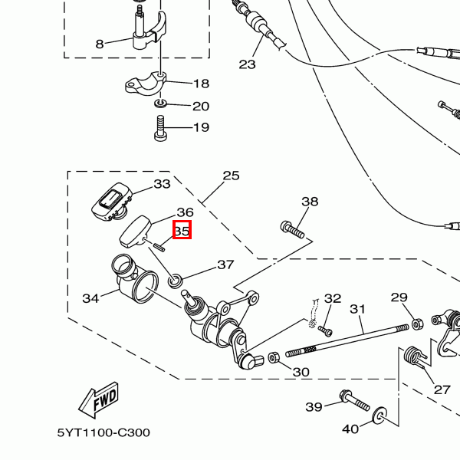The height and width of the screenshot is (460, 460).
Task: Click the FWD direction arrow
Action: tap(99, 400)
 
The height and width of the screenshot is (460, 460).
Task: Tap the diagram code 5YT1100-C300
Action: tap(103, 432)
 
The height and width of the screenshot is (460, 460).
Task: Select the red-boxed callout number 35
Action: tap(182, 231)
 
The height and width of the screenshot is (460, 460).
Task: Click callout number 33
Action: tap(163, 184)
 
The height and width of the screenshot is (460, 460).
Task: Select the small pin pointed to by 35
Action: tap(159, 246)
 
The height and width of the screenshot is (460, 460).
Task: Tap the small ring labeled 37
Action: tap(175, 281)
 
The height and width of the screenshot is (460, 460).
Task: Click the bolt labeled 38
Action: tap(292, 230)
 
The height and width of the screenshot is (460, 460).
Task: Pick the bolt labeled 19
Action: tap(160, 128)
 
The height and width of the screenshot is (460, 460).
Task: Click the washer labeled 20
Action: tap(160, 103)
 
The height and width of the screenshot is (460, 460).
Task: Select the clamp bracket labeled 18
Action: tap(146, 83)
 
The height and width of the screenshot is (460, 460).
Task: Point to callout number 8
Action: tap(100, 44)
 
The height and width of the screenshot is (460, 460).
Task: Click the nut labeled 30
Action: tap(274, 357)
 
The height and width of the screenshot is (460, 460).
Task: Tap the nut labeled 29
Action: tap(417, 324)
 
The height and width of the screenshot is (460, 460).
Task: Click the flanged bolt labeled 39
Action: tap(354, 400)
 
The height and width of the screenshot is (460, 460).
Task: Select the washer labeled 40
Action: tap(379, 415)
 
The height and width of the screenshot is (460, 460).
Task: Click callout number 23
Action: tap(248, 64)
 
